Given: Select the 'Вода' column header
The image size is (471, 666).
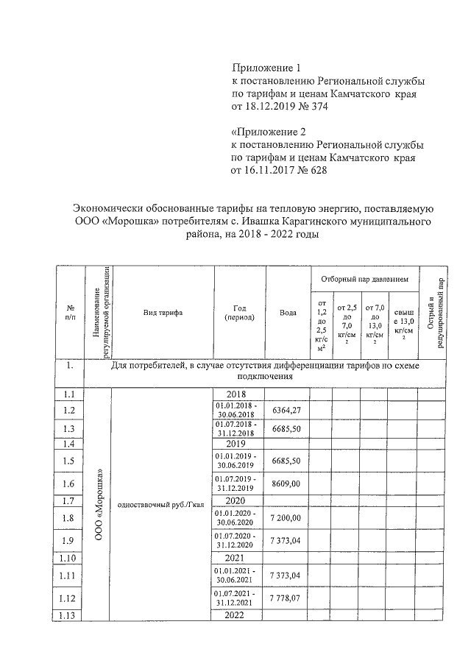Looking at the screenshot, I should [x=288, y=313].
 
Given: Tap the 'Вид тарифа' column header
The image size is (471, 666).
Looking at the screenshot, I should [x=163, y=313].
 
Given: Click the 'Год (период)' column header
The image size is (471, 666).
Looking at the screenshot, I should [x=239, y=313].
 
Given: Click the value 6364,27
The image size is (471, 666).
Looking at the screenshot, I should [x=287, y=409].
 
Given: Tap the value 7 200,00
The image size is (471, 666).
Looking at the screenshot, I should [x=287, y=519].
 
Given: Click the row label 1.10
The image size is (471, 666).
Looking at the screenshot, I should [x=70, y=559].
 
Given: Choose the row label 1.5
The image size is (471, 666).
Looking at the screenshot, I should [x=70, y=461].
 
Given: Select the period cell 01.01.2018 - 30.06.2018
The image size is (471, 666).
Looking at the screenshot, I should [x=239, y=409].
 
